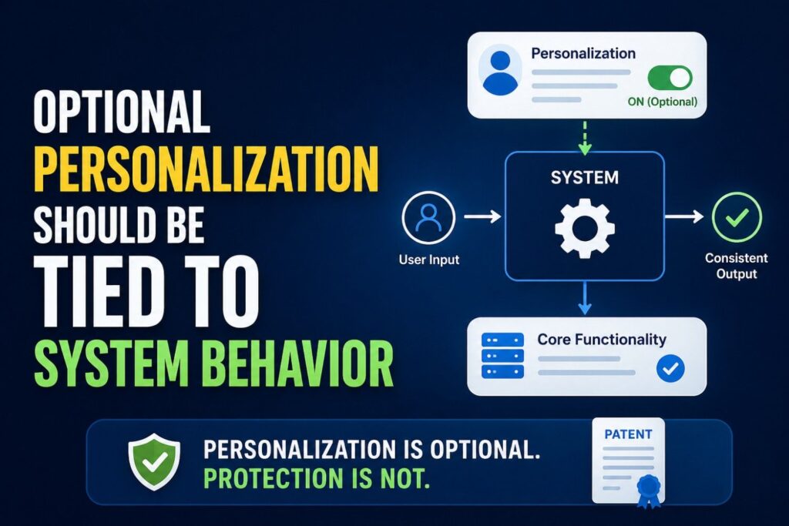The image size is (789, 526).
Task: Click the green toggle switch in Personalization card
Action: (x=669, y=77)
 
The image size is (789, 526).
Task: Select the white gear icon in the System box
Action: (x=584, y=227)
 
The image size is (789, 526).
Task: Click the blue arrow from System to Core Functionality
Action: (x=584, y=297)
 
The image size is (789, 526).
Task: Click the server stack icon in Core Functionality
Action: (x=502, y=355)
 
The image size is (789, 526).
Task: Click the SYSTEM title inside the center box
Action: (x=584, y=178)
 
